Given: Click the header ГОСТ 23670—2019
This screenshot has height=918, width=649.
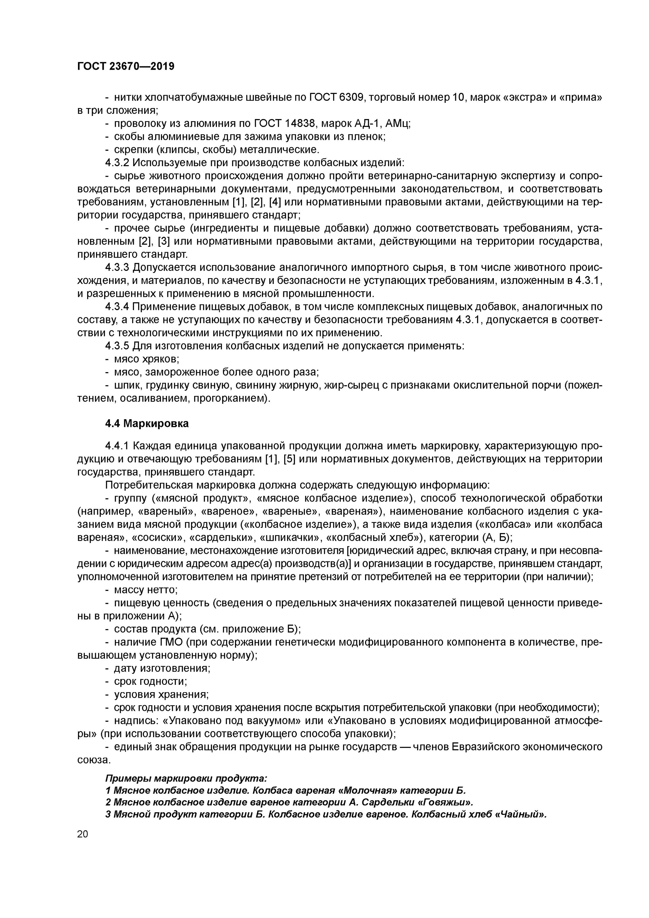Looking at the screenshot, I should (x=125, y=66).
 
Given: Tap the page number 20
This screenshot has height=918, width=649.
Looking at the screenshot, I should (x=83, y=834).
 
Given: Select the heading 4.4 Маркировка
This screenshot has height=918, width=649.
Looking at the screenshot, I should (x=147, y=424).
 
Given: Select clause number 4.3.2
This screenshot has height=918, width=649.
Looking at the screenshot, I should (x=117, y=163).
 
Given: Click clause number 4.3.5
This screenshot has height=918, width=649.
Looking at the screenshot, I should (x=117, y=346).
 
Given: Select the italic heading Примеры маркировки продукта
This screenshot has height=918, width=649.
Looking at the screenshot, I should (x=186, y=778).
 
